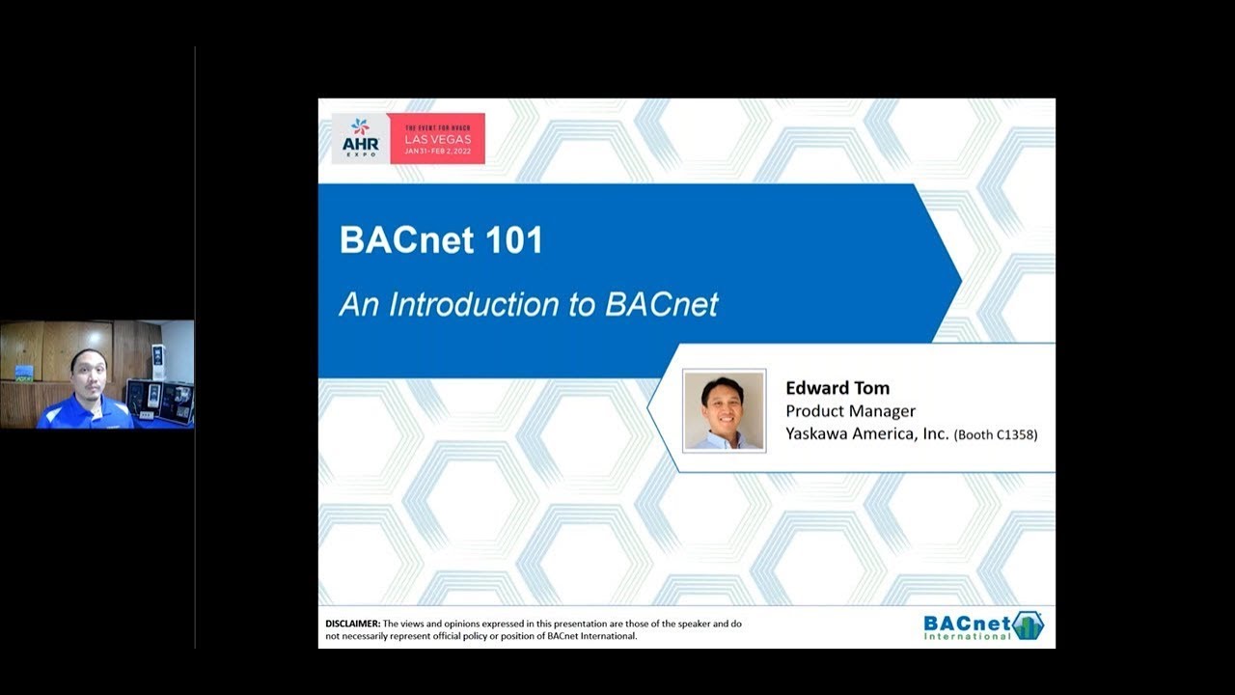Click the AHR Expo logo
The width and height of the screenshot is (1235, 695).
tap(361, 138)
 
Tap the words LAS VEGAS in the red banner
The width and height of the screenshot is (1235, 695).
tap(438, 139)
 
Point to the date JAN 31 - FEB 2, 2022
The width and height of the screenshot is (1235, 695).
tap(438, 152)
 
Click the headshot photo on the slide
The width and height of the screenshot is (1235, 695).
tap(724, 411)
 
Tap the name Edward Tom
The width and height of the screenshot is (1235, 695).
tap(837, 388)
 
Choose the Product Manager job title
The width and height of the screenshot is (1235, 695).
tap(850, 411)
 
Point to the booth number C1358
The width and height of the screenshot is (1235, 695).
tap(1016, 434)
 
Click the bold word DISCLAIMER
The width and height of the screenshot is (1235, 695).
tap(353, 624)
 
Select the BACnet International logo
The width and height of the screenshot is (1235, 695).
tap(983, 626)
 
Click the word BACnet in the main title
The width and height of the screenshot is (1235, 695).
tap(407, 239)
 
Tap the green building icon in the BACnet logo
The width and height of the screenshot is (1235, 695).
tap(1028, 626)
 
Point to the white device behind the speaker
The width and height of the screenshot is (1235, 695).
tap(158, 362)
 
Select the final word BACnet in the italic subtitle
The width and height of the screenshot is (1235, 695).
tap(662, 304)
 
